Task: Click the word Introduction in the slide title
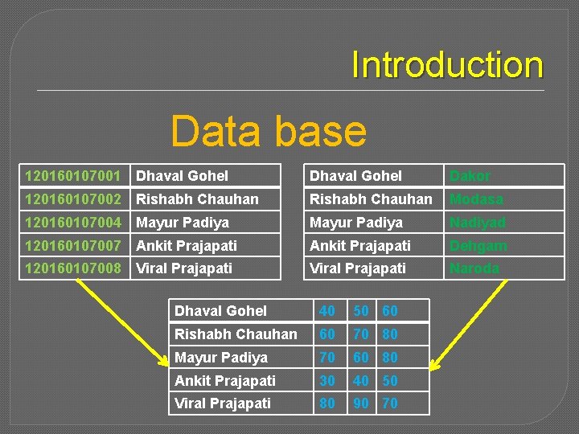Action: click(x=447, y=65)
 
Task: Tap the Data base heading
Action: click(x=269, y=131)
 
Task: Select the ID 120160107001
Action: click(x=73, y=176)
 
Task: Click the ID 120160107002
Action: click(x=73, y=199)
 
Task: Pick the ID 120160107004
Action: click(x=73, y=223)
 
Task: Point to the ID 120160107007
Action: click(x=73, y=246)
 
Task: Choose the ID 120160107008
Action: click(x=73, y=268)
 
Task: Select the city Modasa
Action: click(x=476, y=199)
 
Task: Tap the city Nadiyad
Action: click(x=478, y=223)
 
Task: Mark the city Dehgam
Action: click(x=478, y=246)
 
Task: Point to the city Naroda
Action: click(x=474, y=268)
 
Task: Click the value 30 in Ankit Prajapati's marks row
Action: click(x=327, y=380)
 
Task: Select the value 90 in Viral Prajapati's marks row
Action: click(x=362, y=403)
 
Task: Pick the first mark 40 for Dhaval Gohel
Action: click(x=327, y=311)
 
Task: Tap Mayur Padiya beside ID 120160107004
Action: click(x=183, y=223)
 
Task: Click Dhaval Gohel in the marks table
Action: click(x=220, y=311)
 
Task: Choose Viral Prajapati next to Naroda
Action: click(x=358, y=268)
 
